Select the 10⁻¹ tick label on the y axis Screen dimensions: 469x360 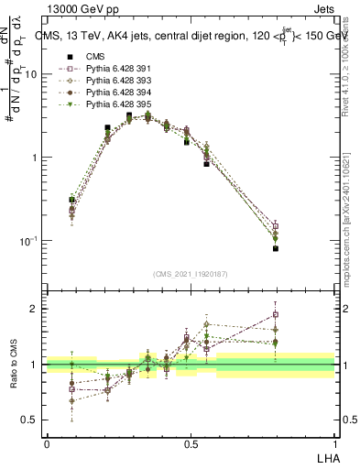pos(29,240)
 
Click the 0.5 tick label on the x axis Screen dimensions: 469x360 pos(191,443)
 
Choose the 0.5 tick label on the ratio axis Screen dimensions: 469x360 pos(32,420)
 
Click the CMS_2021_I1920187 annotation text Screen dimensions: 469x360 pos(191,274)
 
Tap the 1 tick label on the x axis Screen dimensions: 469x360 pos(335,443)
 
